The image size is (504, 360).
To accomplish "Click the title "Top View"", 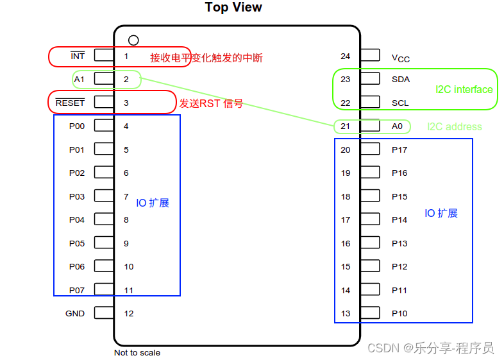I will click(x=233, y=8).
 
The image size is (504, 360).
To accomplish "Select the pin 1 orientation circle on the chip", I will click(x=133, y=40).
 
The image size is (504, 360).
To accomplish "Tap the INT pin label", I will click(x=78, y=56).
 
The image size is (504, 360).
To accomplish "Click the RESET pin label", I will click(x=70, y=103).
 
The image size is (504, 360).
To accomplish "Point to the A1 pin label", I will click(x=80, y=79).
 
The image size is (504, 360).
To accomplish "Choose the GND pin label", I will click(x=75, y=314).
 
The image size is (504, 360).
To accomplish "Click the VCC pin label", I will click(x=401, y=58).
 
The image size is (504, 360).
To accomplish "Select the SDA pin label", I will click(x=401, y=80).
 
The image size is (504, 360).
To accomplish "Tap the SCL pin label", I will click(x=400, y=103).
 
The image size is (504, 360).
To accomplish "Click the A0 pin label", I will click(x=398, y=126).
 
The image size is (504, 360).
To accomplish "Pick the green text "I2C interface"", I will click(x=464, y=90).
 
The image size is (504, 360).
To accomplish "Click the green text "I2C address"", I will click(x=455, y=127).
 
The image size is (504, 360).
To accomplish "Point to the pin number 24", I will click(x=346, y=56).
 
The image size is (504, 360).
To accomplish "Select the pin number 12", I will click(x=129, y=314).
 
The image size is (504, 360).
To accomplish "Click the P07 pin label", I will click(x=77, y=290).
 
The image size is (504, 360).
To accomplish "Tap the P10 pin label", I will click(x=399, y=314).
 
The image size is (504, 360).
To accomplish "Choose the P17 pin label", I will click(x=399, y=150).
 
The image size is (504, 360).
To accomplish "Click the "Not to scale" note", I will click(x=137, y=352).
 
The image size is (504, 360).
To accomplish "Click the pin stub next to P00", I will click(x=103, y=126).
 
